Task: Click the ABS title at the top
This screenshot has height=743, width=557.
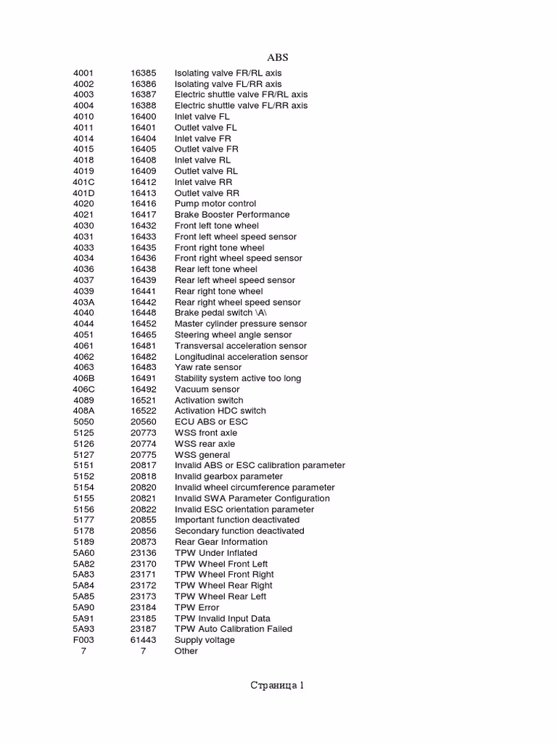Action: tap(278, 57)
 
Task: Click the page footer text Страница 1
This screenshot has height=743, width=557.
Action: tap(277, 685)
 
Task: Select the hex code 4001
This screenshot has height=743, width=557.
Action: tap(83, 73)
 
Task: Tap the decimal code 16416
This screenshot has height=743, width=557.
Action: tap(143, 204)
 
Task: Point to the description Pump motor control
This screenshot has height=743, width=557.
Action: tap(215, 204)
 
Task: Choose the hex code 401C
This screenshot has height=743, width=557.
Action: tap(84, 182)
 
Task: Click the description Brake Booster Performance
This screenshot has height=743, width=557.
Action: tap(232, 215)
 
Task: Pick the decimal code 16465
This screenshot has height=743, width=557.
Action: tap(143, 335)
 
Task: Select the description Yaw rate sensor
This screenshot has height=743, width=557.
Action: tap(208, 368)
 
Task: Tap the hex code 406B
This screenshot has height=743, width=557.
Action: tap(84, 379)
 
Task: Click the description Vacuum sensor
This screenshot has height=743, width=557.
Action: tap(207, 390)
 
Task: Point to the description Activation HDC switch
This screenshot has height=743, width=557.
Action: tap(220, 411)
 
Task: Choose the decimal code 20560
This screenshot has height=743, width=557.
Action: tap(143, 422)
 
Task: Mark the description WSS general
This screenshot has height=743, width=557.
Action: tap(202, 455)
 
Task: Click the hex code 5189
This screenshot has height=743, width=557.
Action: tap(83, 542)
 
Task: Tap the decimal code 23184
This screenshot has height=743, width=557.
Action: tap(143, 607)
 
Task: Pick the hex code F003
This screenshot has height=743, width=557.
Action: tap(83, 640)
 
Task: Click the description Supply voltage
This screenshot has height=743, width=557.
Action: tap(205, 640)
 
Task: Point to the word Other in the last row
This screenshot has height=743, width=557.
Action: tap(186, 651)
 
